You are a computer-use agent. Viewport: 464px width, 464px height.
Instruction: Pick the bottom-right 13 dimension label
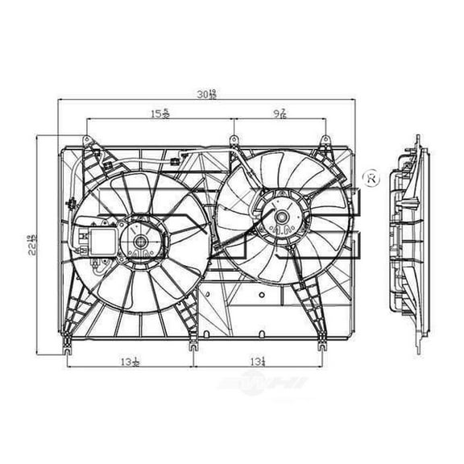tap(259, 362)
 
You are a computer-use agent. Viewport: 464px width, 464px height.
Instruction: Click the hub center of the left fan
tap(140, 241)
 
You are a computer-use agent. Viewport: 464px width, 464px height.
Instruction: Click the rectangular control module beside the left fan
tap(95, 242)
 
